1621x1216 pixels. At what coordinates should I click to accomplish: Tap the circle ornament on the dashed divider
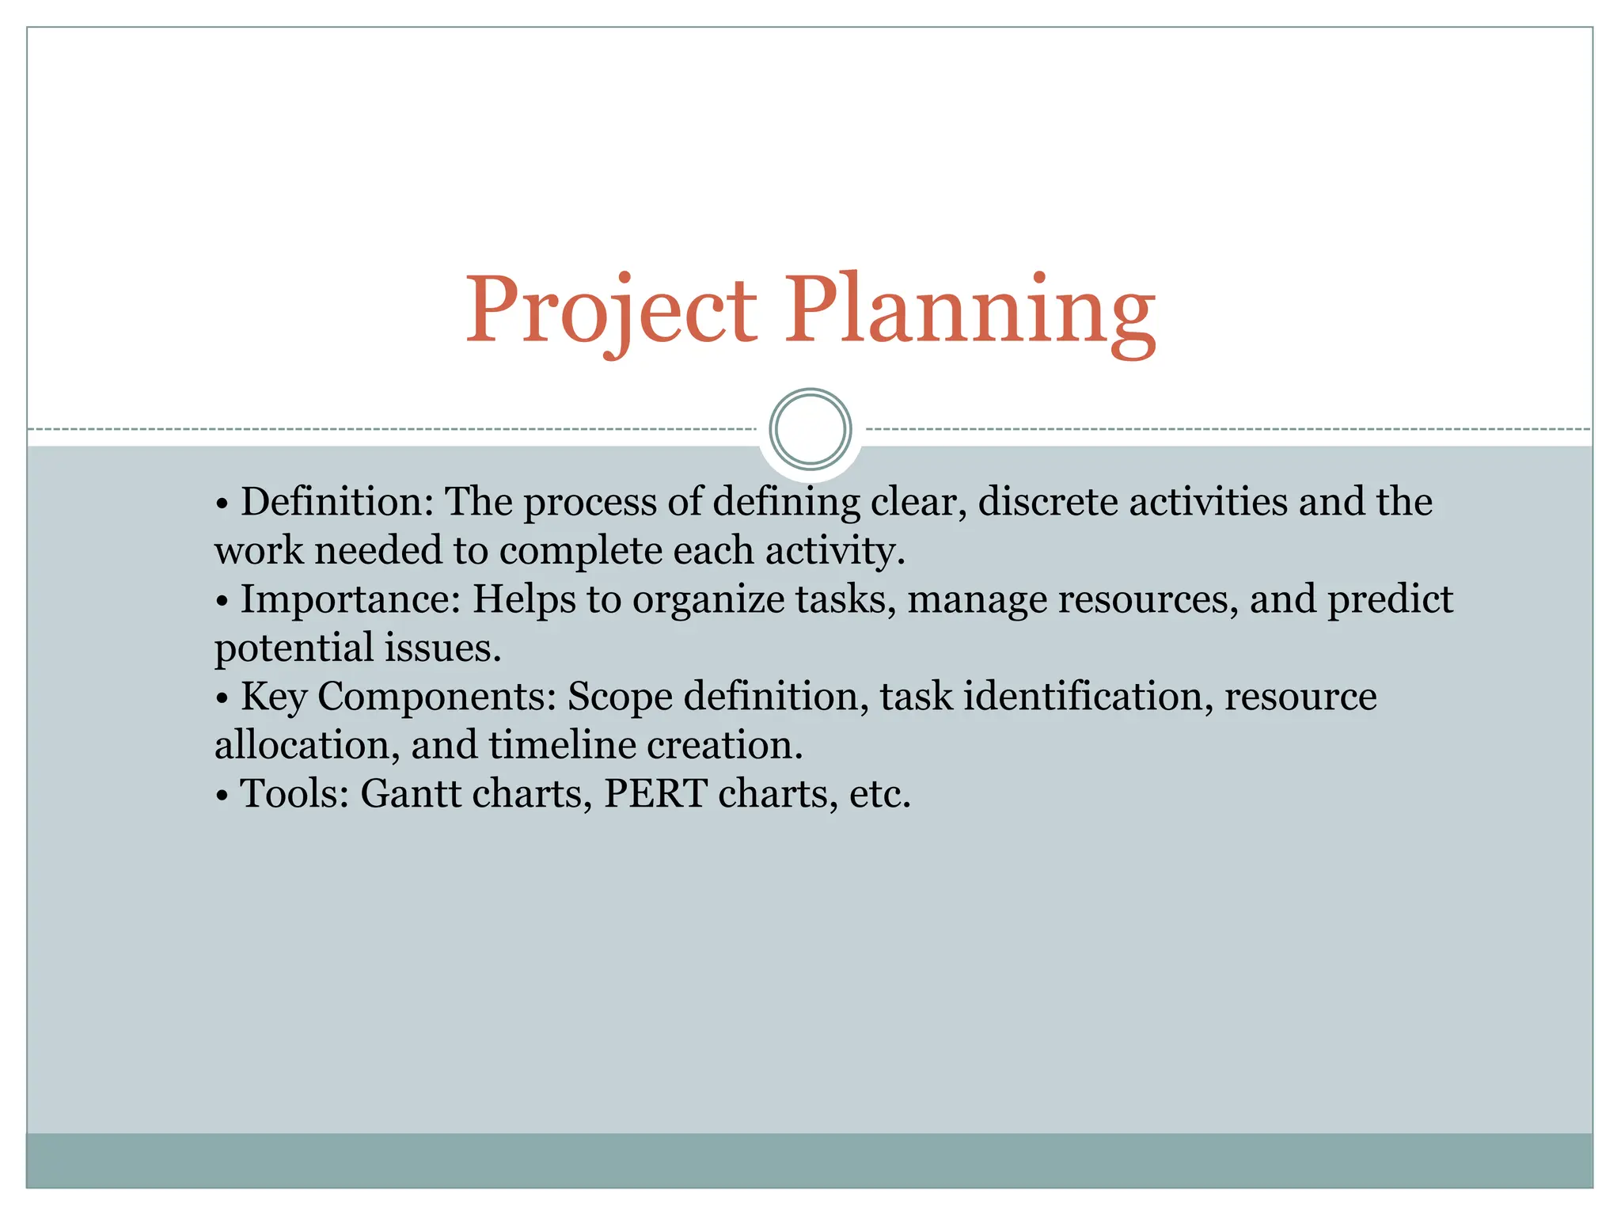[x=810, y=429]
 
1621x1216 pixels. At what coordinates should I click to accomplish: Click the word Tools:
[x=294, y=794]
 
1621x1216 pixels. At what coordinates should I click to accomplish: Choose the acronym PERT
[x=655, y=794]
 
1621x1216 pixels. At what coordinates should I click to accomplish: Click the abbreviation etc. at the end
[x=879, y=794]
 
